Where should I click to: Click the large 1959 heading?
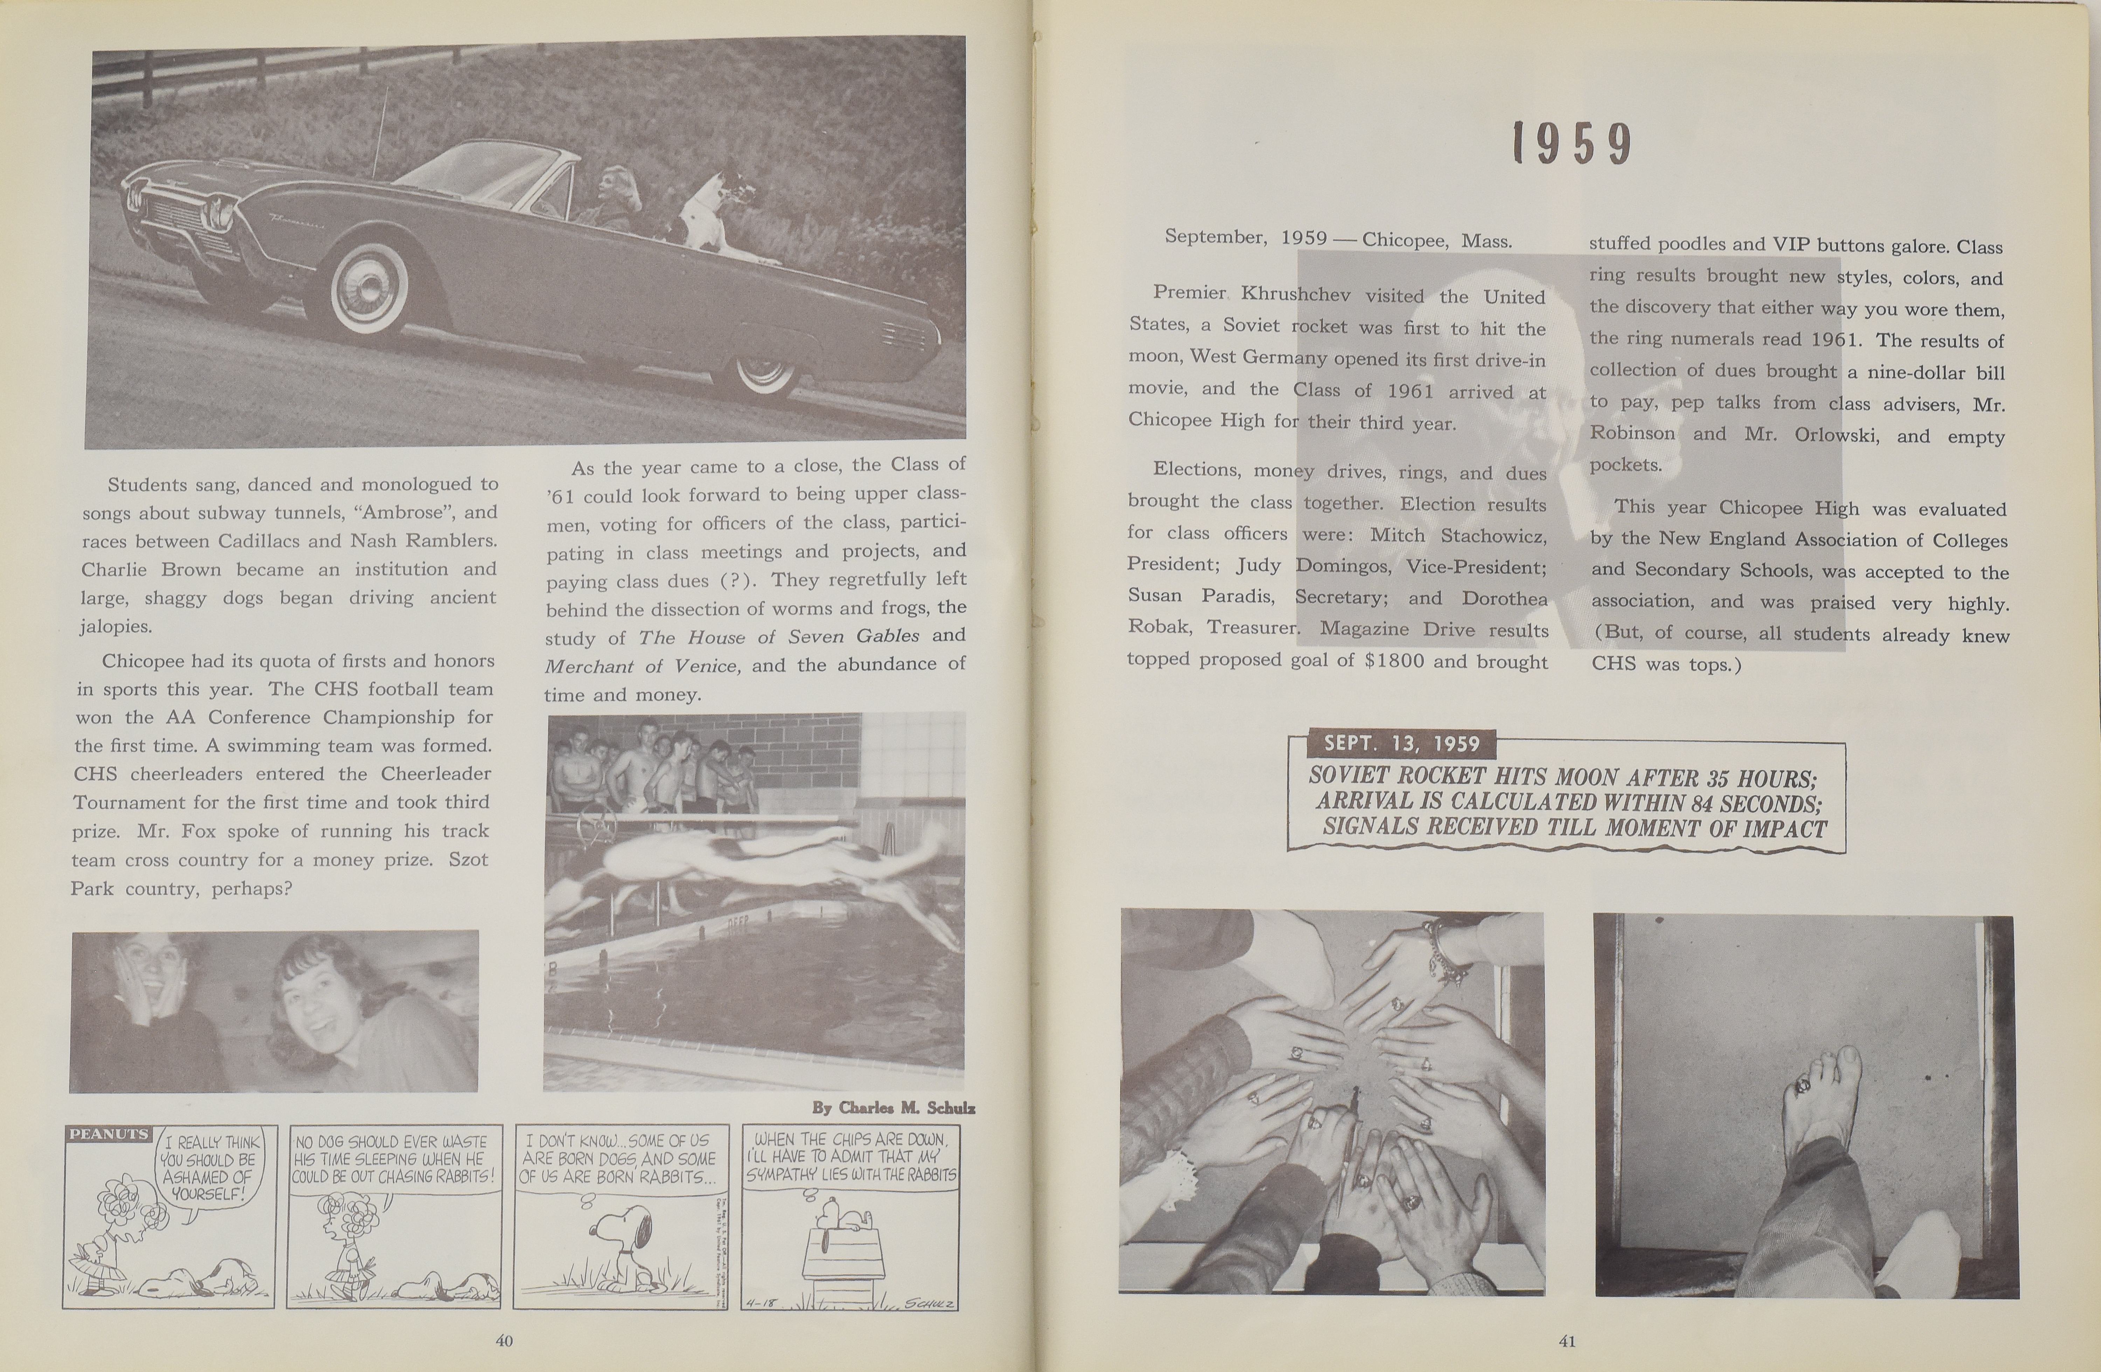pos(1571,144)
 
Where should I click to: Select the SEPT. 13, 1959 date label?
pos(1401,743)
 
